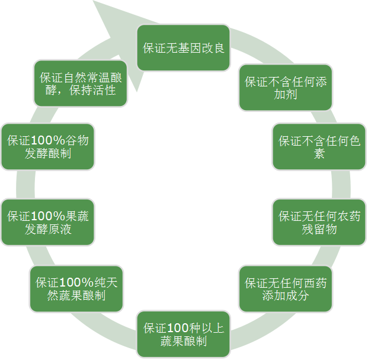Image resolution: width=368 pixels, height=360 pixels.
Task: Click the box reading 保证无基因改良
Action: tap(183, 48)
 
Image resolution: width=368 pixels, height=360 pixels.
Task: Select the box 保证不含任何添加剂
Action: tap(286, 88)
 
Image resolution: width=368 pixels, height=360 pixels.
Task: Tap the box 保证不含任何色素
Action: tap(319, 147)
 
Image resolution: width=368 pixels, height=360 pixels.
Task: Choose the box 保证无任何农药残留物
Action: tap(319, 222)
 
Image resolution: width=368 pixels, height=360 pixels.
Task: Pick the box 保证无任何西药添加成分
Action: tap(286, 289)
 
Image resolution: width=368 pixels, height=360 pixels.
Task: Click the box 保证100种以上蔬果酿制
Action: tap(183, 334)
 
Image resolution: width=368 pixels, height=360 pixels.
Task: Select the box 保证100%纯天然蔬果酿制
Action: tap(76, 289)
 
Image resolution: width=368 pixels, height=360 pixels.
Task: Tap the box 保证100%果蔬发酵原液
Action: tap(48, 222)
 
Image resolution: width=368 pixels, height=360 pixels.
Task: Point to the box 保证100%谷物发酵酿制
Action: tap(48, 147)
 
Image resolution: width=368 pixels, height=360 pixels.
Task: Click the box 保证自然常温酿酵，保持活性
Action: tap(81, 83)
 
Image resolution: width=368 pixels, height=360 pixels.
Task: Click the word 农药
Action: tap(348, 216)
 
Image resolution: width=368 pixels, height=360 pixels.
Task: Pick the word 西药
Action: tap(315, 283)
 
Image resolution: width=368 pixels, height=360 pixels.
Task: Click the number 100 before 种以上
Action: tap(178, 328)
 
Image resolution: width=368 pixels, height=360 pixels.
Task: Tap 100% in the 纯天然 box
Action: tap(77, 282)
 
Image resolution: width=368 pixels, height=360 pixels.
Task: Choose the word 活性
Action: tap(104, 90)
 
